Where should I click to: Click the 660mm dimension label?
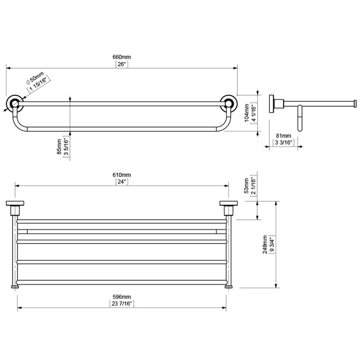click(x=122, y=57)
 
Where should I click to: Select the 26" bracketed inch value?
click(x=122, y=64)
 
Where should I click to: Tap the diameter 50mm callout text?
click(x=35, y=78)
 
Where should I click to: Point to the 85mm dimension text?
click(x=60, y=147)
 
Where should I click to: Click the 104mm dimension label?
click(x=246, y=113)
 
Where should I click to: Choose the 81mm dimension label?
click(x=283, y=136)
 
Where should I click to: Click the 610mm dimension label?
click(x=122, y=175)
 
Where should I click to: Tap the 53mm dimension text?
click(x=246, y=185)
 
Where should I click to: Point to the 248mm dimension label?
click(x=265, y=244)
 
